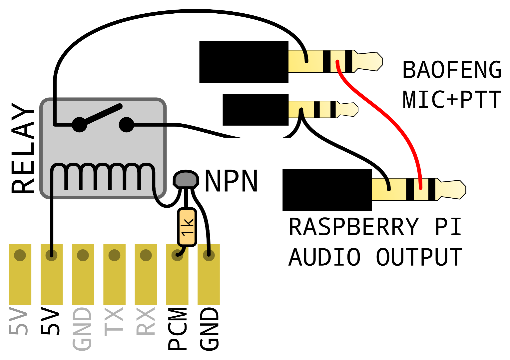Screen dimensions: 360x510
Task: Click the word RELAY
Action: [x=23, y=148]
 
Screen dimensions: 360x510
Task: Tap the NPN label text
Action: [x=231, y=181]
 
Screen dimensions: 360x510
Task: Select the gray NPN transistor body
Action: [x=186, y=180]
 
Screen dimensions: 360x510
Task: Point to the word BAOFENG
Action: [x=452, y=70]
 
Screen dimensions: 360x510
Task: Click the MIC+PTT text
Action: [x=452, y=99]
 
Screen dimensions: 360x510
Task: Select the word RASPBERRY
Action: [x=354, y=227]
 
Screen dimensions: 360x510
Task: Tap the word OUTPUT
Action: [x=419, y=257]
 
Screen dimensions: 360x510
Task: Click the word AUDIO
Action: [x=325, y=257]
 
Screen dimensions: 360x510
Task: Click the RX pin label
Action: [x=146, y=321]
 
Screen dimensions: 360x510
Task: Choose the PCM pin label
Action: [x=177, y=329]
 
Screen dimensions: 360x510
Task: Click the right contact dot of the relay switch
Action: [x=127, y=125]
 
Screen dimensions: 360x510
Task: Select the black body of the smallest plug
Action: [x=255, y=110]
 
